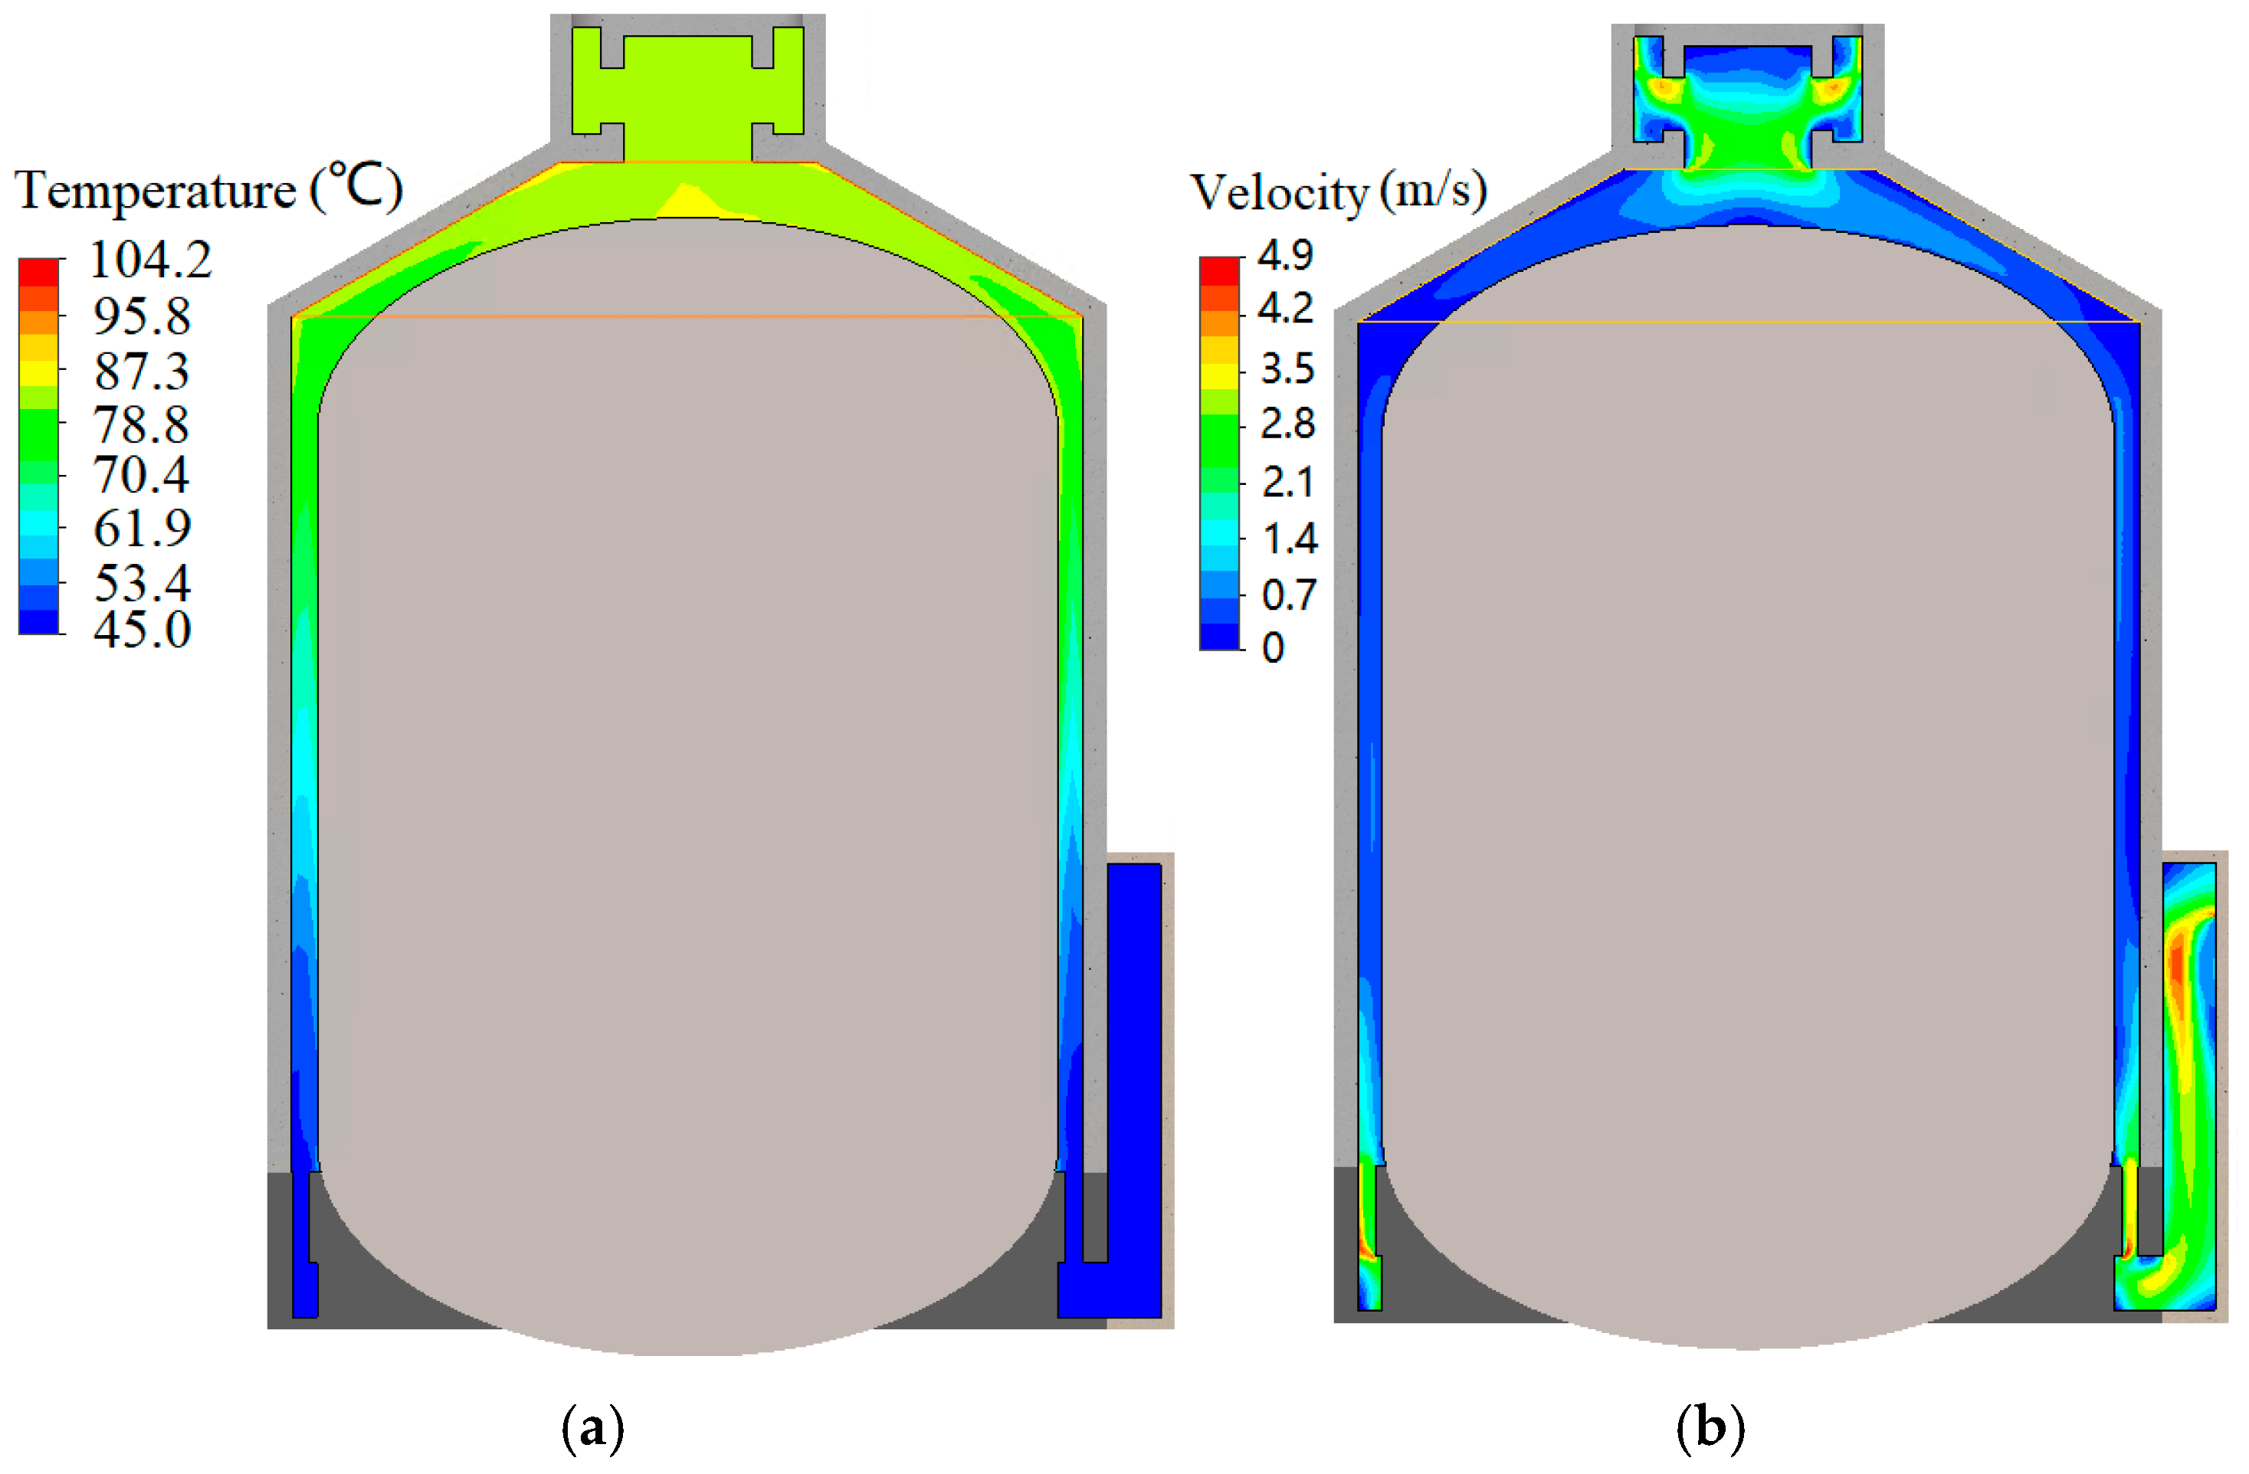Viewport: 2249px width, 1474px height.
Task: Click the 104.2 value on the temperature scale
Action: point(151,260)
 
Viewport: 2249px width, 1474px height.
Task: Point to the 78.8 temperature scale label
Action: point(142,425)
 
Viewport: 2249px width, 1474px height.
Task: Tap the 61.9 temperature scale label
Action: point(143,528)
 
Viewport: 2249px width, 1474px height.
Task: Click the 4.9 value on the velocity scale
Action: point(1285,255)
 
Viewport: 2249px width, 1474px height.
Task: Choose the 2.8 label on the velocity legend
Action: point(1288,424)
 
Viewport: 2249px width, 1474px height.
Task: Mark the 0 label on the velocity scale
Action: point(1273,648)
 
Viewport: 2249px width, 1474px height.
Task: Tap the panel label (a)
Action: point(592,1428)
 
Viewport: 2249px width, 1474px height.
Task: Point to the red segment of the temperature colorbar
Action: point(39,272)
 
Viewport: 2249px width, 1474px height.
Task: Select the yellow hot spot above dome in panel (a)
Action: point(694,202)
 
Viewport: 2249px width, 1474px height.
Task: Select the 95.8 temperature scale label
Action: point(143,316)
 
